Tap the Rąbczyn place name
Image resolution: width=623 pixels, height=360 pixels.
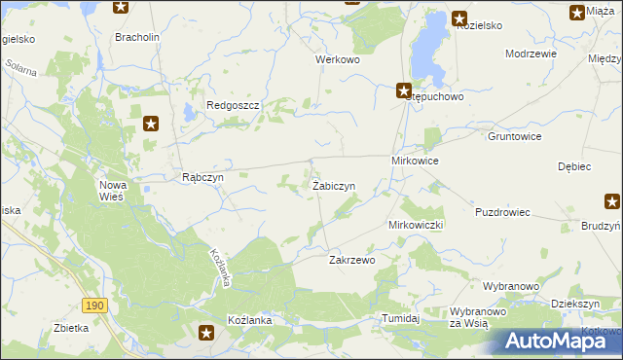(203, 178)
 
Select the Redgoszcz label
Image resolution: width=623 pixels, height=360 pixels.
(230, 105)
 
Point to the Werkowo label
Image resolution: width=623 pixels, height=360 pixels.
(338, 59)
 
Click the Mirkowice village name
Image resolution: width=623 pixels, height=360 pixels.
(415, 160)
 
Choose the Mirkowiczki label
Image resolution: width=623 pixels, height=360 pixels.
(416, 225)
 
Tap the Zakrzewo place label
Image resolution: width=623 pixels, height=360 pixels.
(351, 261)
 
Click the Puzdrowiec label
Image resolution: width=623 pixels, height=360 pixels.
(502, 212)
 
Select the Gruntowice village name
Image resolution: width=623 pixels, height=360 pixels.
(514, 137)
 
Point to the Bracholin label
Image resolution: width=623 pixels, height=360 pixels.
(135, 37)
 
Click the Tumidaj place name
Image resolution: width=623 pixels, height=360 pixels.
(400, 318)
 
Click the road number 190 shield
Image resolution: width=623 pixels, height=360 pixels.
(93, 306)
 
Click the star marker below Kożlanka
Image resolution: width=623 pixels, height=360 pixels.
(206, 334)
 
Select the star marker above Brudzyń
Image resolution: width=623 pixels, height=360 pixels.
(612, 202)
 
